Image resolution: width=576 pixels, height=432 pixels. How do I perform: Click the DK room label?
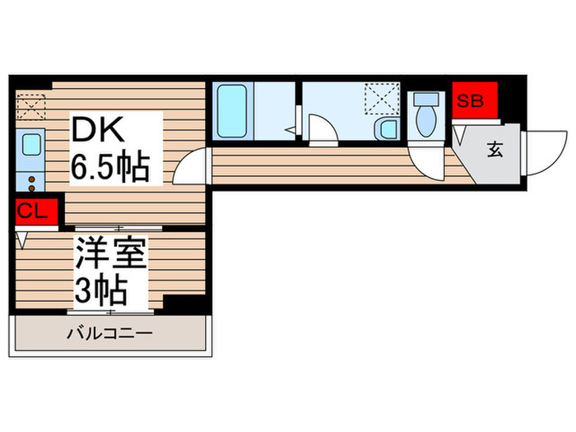[100, 130]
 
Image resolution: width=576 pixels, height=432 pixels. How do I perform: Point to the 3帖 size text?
[100, 290]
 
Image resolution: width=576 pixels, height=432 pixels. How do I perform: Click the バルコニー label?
[109, 334]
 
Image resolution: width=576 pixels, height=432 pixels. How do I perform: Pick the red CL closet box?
[33, 211]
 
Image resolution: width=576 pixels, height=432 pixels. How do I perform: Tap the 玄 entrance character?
[495, 149]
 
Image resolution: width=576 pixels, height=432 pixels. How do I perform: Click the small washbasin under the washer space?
[385, 130]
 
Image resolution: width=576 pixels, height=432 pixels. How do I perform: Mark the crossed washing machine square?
[382, 102]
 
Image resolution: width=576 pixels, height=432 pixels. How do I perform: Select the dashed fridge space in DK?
[31, 108]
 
